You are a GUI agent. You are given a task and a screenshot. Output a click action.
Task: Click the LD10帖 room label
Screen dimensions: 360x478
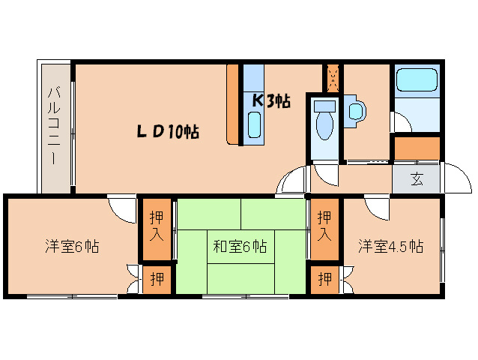pos(167,132)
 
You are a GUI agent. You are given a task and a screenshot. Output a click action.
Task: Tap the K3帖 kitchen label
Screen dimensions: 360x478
pos(270,100)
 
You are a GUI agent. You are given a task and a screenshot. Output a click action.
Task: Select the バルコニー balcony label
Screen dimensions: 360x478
pos(55,126)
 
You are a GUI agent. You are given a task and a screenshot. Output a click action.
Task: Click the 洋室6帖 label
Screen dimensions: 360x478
pos(73,246)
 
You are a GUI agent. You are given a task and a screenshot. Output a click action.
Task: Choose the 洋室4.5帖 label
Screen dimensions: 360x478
pos(390,246)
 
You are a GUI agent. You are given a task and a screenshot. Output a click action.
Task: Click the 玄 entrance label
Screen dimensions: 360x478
pos(417,178)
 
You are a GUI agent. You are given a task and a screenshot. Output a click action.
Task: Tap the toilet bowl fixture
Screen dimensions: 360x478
pos(324,124)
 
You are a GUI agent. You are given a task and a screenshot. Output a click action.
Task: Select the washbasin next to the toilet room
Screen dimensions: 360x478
pos(356,111)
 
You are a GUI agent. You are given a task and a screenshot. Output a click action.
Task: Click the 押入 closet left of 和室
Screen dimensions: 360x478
pos(157,225)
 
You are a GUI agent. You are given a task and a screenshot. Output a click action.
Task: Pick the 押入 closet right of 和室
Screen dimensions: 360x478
pos(324,225)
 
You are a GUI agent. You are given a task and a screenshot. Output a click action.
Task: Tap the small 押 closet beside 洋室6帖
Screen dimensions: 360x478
pos(157,280)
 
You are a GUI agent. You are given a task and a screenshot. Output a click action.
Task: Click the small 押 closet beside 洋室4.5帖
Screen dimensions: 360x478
pos(324,280)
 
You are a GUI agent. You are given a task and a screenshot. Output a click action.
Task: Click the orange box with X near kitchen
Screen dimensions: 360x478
pos(333,76)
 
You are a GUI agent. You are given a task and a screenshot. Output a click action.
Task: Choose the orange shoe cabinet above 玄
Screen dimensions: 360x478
pos(417,148)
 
